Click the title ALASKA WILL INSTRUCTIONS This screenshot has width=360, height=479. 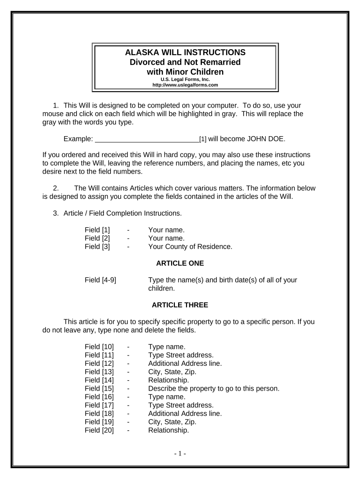click(x=185, y=52)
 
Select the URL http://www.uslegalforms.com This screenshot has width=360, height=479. click(x=185, y=85)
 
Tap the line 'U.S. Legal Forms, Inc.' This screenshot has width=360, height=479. click(x=185, y=80)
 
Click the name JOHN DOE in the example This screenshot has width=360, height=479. click(x=265, y=139)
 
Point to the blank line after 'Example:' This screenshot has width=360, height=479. click(x=147, y=139)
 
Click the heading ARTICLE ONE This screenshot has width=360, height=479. click(x=180, y=263)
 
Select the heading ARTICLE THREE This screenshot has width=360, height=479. click(x=180, y=305)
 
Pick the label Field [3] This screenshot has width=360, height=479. click(x=97, y=247)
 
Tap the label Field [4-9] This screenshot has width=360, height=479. click(x=101, y=280)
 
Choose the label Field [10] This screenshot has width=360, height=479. click(x=99, y=347)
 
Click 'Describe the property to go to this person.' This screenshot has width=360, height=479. click(x=214, y=388)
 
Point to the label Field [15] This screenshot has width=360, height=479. click(x=99, y=388)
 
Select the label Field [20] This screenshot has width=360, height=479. click(x=99, y=430)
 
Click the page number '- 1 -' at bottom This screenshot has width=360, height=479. click(x=180, y=453)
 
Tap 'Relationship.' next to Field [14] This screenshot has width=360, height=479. click(x=169, y=380)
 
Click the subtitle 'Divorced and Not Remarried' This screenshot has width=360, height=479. click(x=185, y=62)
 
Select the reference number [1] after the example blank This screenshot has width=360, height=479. click(x=203, y=139)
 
